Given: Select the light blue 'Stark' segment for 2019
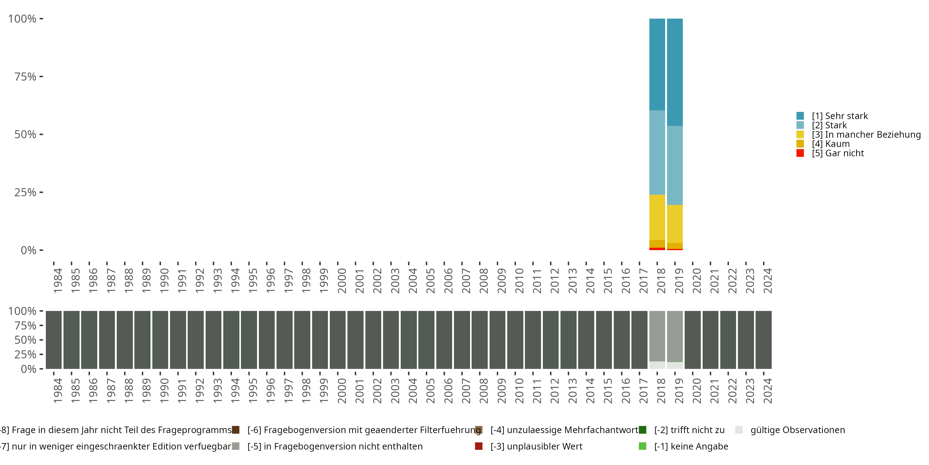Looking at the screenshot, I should tap(675, 165).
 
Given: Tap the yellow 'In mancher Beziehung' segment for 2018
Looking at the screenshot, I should tap(657, 217).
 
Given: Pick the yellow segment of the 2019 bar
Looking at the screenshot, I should tap(675, 224).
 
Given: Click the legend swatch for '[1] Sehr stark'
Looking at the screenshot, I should tap(800, 116).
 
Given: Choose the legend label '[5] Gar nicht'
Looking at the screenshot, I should tap(837, 153).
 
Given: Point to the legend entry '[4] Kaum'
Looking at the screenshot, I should tap(831, 144).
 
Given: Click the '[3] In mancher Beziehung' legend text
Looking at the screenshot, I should tap(866, 135).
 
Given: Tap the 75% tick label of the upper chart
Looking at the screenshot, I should tap(25, 77).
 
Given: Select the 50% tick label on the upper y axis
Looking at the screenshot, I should tap(25, 135).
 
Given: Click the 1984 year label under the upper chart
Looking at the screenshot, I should tap(58, 281).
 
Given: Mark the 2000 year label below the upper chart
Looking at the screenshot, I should tap(342, 281).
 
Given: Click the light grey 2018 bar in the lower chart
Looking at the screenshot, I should tap(657, 336).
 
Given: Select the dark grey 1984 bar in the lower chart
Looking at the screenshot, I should tap(54, 340).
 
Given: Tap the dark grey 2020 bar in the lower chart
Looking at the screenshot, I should tap(692, 340).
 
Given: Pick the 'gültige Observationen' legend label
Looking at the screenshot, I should tap(797, 430).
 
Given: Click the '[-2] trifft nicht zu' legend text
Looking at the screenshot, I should tap(689, 430).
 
